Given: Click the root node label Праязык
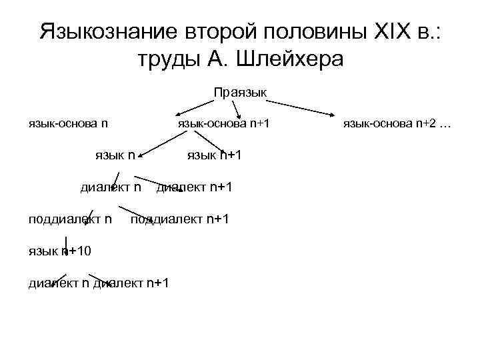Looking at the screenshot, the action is point(240,92).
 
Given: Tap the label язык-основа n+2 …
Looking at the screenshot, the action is point(397,123).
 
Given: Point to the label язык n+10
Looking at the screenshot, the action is point(60,251).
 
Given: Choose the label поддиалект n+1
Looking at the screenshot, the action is point(180,219).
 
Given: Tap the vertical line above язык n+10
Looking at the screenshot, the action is point(65,241).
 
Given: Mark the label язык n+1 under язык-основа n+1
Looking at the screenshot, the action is point(213,155).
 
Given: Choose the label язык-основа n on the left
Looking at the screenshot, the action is point(68,123).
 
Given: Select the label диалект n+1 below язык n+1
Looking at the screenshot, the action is point(194,187).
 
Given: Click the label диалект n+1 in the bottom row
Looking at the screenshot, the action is point(131,283).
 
